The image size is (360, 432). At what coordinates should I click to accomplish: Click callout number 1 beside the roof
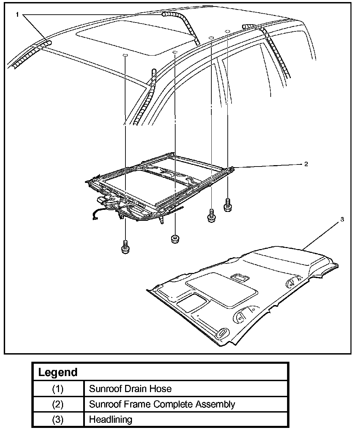(x=17, y=15)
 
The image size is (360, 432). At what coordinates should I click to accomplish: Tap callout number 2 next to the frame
(x=306, y=164)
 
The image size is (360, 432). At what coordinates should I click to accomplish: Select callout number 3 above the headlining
(x=342, y=219)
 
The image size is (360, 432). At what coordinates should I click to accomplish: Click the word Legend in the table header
(x=58, y=372)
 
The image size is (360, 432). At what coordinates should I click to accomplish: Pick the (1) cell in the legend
(x=58, y=389)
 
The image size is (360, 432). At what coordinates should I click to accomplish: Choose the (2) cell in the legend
(x=58, y=404)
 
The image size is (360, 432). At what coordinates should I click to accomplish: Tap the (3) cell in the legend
(x=58, y=419)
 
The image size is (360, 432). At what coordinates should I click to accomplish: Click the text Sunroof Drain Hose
(x=130, y=389)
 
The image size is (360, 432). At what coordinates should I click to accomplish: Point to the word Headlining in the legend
(x=110, y=419)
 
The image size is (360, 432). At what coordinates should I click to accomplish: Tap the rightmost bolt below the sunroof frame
(x=227, y=205)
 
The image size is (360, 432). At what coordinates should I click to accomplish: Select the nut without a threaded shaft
(x=175, y=239)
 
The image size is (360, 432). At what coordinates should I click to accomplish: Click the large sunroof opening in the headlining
(x=222, y=289)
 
